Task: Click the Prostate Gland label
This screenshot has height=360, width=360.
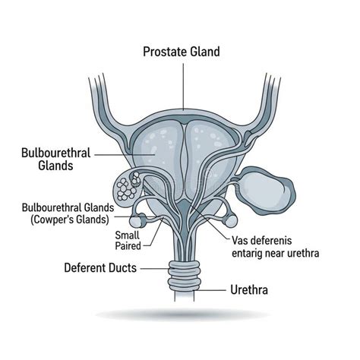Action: (x=182, y=52)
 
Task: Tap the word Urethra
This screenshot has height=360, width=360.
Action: (x=249, y=290)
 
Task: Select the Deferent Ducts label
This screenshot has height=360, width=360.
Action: (x=100, y=268)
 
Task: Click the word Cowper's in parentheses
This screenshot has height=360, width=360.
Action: (x=52, y=219)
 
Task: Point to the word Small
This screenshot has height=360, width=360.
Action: (x=128, y=235)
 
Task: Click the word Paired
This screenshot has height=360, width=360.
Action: (x=128, y=246)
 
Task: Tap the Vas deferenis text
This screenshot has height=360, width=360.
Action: (x=262, y=241)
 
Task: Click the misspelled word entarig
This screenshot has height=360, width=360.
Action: (x=247, y=254)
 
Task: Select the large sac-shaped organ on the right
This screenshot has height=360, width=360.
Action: (x=266, y=191)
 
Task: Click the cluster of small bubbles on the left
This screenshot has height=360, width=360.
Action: (x=127, y=188)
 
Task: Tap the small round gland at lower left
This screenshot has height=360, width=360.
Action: (x=137, y=221)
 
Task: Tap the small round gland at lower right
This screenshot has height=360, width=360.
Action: (x=231, y=221)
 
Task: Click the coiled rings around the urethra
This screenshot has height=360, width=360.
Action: (x=185, y=276)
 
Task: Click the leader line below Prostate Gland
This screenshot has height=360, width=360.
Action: (x=183, y=87)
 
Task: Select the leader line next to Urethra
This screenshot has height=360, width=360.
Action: (x=210, y=290)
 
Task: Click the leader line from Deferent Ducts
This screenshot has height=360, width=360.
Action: (x=155, y=269)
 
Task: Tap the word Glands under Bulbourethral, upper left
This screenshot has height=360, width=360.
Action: (x=55, y=166)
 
